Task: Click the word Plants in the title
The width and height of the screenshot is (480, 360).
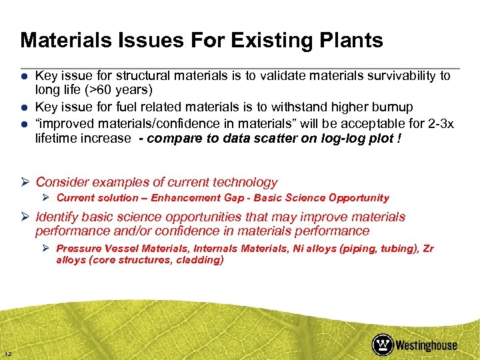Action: pos(349,41)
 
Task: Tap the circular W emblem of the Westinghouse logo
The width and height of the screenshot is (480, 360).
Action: pos(383,344)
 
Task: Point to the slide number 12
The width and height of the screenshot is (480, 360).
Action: pos(7,353)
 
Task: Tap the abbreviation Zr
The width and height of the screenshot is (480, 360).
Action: pos(427,248)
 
